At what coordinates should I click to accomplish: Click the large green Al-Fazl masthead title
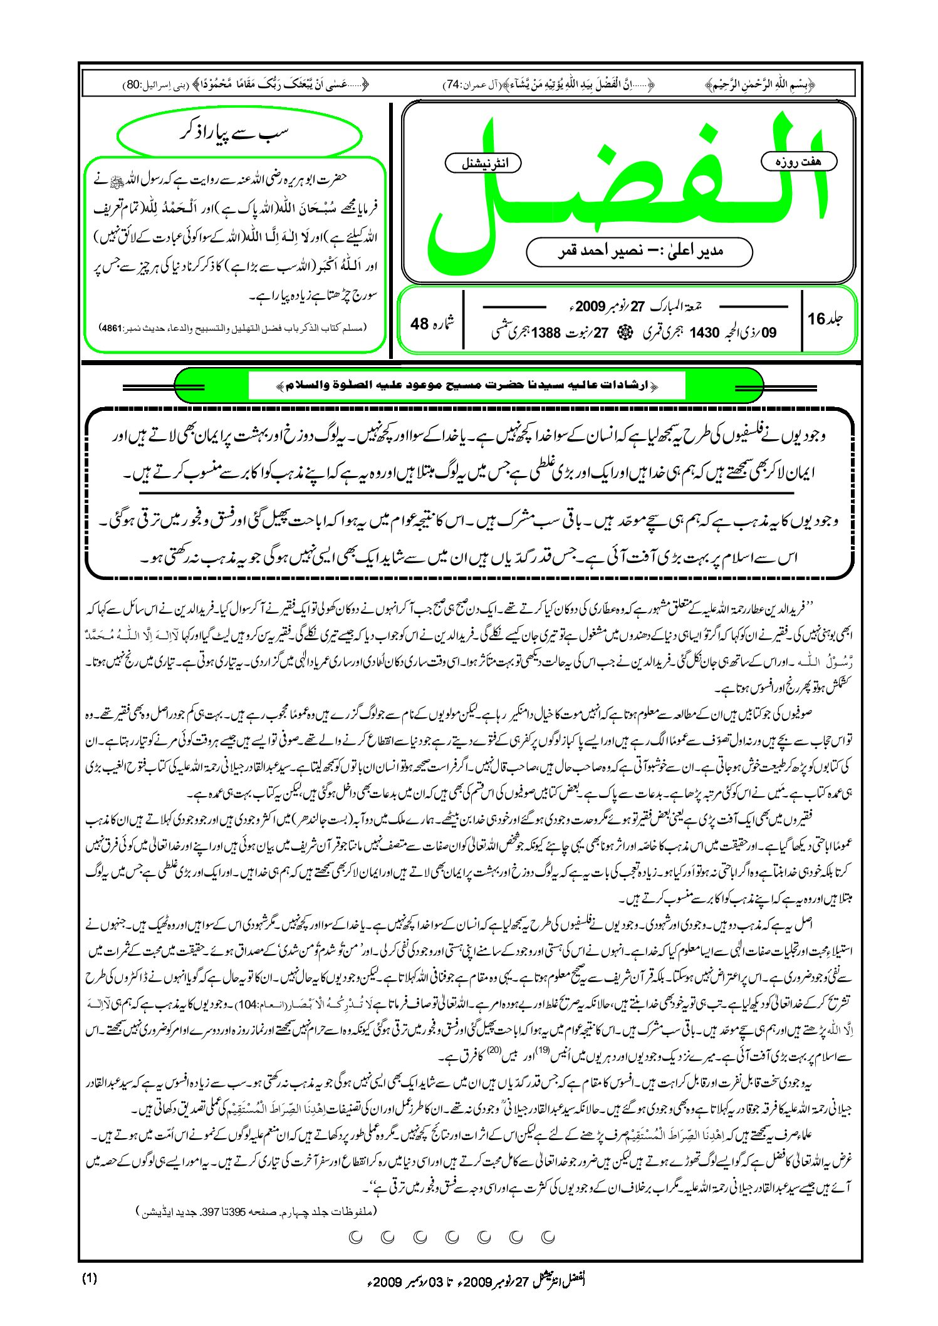tap(627, 188)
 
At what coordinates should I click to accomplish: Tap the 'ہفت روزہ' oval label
tap(799, 162)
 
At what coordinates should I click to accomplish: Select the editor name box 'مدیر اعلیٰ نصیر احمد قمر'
tap(639, 252)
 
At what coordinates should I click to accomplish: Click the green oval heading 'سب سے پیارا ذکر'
tap(239, 134)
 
